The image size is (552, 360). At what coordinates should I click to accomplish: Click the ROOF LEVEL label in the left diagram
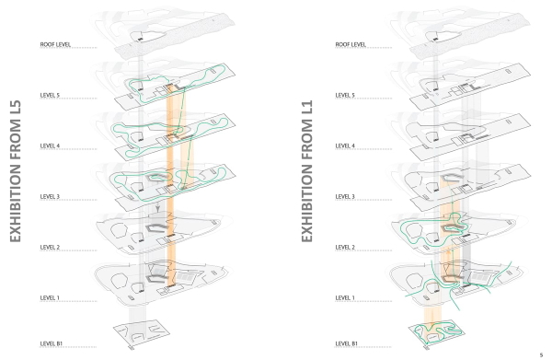click(x=56, y=44)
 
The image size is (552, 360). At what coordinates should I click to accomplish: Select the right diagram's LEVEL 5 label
click(x=346, y=95)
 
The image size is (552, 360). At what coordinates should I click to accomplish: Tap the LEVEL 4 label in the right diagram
click(x=346, y=145)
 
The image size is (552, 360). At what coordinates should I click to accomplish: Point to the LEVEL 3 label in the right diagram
click(x=346, y=196)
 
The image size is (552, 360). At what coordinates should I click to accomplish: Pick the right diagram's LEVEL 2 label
click(x=346, y=247)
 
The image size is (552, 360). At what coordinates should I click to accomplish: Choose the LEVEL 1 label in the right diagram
click(x=346, y=297)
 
